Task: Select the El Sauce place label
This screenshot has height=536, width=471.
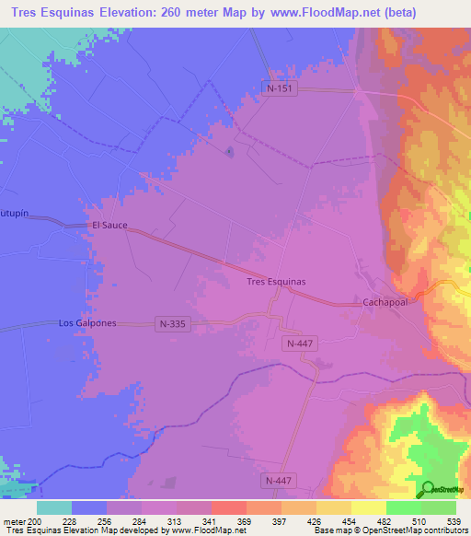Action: pyautogui.click(x=109, y=225)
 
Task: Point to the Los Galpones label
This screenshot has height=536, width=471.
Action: pyautogui.click(x=86, y=323)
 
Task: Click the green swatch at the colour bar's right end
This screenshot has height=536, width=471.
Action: pyautogui.click(x=439, y=507)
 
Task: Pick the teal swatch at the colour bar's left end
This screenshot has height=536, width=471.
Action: pyautogui.click(x=53, y=507)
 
